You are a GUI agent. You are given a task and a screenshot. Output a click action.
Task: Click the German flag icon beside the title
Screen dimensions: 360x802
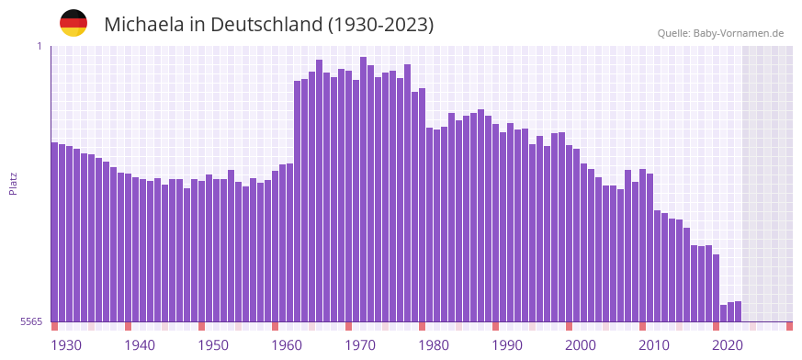click(73, 23)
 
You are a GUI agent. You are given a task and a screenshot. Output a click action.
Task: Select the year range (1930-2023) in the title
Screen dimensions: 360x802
click(380, 25)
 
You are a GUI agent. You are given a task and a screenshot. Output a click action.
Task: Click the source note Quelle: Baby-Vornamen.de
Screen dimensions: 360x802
click(720, 33)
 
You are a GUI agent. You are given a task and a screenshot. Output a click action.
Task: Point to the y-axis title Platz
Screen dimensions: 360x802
click(13, 184)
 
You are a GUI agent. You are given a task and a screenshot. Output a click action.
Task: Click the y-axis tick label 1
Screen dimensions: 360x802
click(40, 46)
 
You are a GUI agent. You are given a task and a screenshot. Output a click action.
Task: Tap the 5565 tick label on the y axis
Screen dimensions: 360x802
click(29, 321)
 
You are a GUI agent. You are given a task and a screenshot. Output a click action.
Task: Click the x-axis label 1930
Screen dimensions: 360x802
click(66, 345)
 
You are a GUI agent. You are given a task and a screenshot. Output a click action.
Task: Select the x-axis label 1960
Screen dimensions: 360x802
click(287, 345)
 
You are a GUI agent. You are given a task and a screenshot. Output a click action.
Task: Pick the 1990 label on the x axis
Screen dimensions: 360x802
click(507, 345)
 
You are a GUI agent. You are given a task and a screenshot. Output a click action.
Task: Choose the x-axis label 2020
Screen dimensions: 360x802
click(728, 345)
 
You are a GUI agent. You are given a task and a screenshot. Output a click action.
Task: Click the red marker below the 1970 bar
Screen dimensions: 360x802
click(348, 326)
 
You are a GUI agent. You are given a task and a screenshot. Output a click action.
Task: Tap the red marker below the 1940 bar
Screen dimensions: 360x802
click(128, 326)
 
